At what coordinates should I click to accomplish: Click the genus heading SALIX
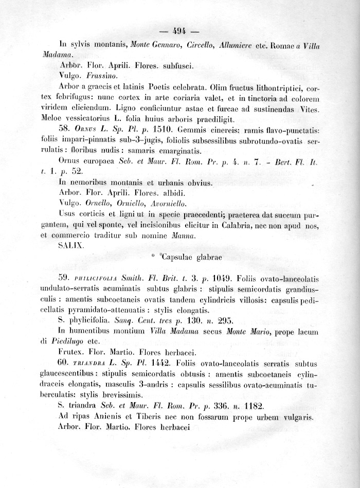[68, 246]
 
